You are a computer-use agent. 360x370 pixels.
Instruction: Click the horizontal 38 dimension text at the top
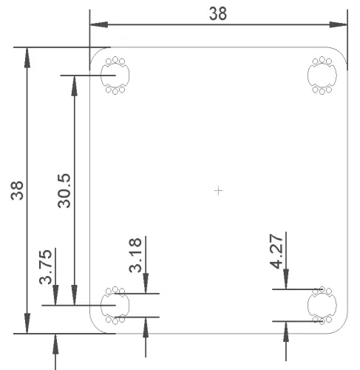pyautogui.click(x=218, y=14)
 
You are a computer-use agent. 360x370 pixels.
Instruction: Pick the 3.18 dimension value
pyautogui.click(x=135, y=255)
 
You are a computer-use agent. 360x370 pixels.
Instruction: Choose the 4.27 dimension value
pyautogui.click(x=277, y=252)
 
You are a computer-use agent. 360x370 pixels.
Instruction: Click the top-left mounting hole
pyautogui.click(x=115, y=75)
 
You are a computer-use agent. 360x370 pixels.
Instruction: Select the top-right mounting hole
pyautogui.click(x=322, y=75)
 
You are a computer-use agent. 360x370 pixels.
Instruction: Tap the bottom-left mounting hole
pyautogui.click(x=115, y=304)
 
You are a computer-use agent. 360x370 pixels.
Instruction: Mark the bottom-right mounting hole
pyautogui.click(x=322, y=304)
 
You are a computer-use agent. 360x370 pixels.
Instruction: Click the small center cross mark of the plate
pyautogui.click(x=218, y=191)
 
